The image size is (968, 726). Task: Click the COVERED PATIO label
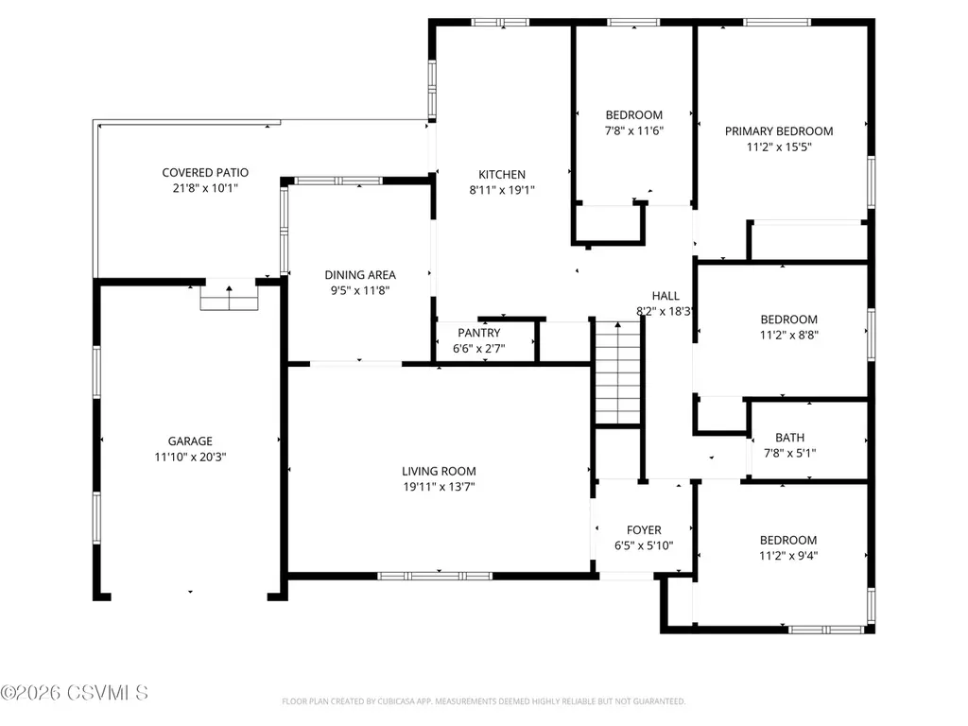pos(205,173)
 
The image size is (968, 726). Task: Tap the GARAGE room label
pos(190,441)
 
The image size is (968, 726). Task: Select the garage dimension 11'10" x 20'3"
pos(190,458)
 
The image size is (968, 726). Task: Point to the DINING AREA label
pos(360,275)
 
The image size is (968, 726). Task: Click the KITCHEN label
pos(502,175)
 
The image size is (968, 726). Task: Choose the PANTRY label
pos(479,333)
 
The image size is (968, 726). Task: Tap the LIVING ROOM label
pos(439,472)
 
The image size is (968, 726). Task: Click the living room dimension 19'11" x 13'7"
pos(439,487)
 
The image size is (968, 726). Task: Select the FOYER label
pos(644,530)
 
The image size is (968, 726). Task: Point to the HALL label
pos(665,296)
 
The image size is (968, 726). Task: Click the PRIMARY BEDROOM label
pos(779,131)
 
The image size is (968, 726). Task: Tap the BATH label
pos(789,438)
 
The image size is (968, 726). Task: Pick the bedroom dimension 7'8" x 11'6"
pos(634,130)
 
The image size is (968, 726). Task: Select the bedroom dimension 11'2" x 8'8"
pos(789,336)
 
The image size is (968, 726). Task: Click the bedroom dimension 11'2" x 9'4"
pos(788,556)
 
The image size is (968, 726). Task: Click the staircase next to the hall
pos(617,372)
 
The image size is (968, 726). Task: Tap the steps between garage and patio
pos(229,298)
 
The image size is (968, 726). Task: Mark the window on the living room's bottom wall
pos(435,576)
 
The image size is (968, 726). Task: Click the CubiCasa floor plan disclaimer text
pos(483,701)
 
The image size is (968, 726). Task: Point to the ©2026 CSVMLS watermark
pos(74,693)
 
